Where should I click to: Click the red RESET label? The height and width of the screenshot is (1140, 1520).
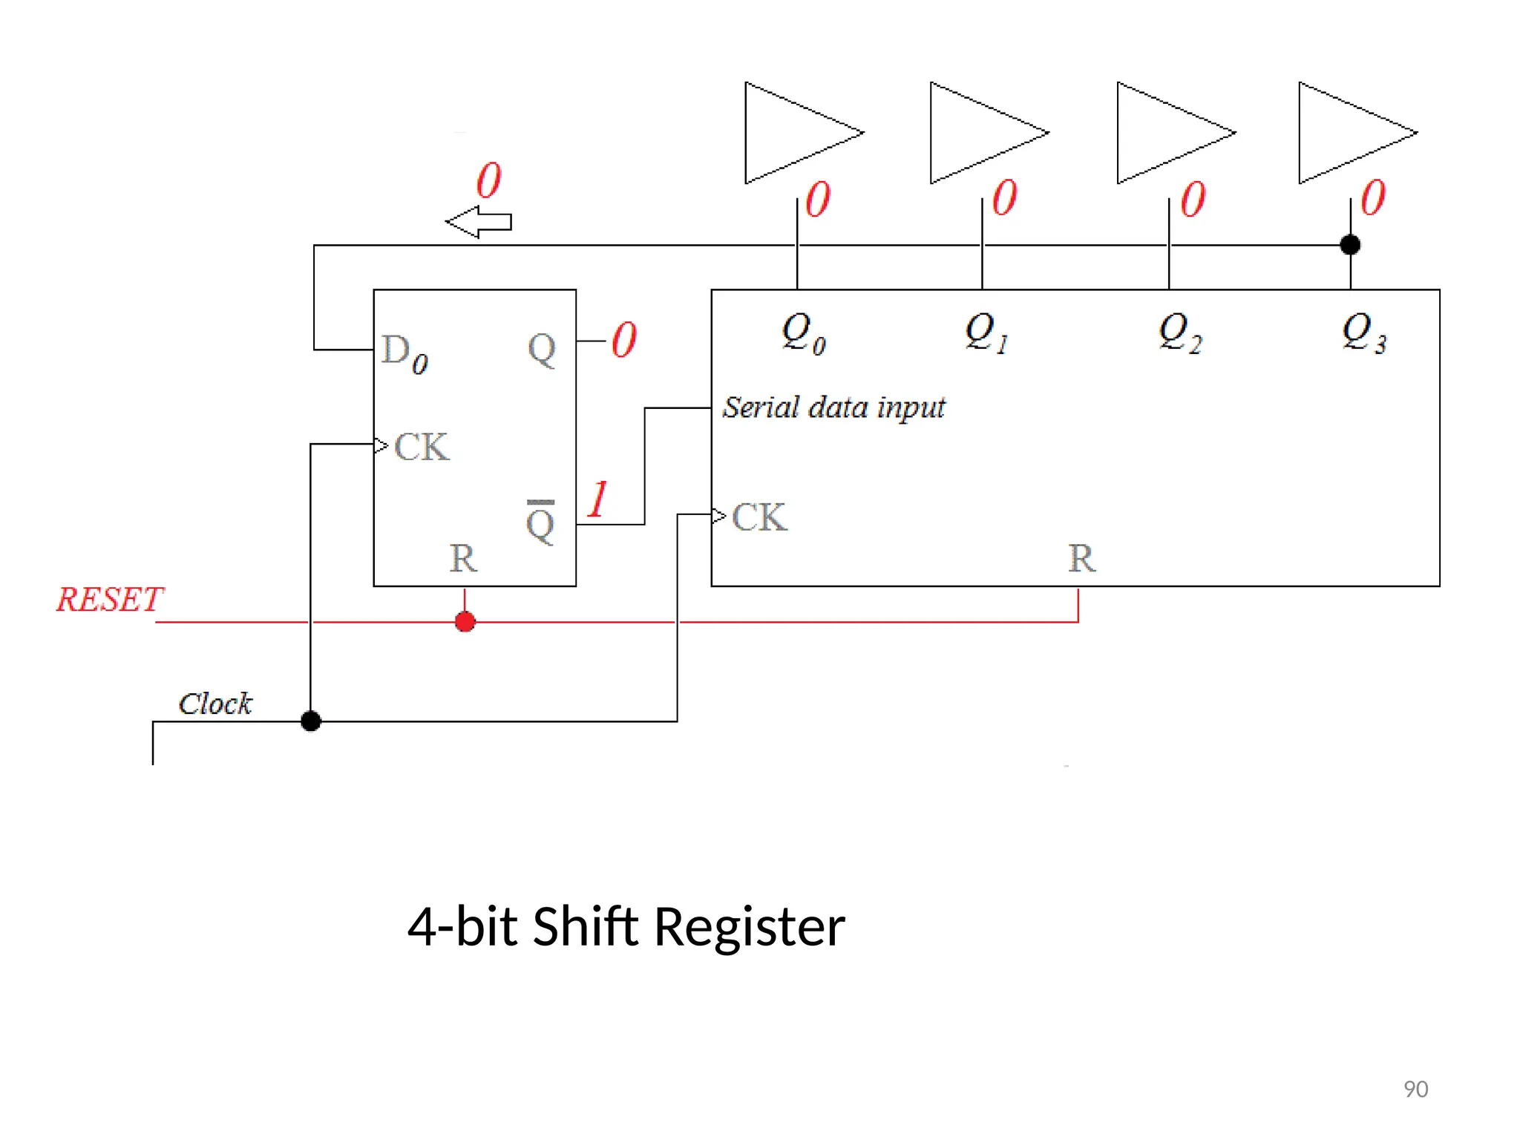pyautogui.click(x=110, y=600)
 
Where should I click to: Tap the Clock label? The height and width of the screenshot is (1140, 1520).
pyautogui.click(x=215, y=704)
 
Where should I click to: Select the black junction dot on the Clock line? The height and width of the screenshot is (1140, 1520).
pyautogui.click(x=311, y=721)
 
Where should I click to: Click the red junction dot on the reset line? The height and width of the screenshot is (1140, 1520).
pyautogui.click(x=465, y=622)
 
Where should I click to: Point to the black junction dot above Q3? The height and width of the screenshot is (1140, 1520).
pyautogui.click(x=1350, y=244)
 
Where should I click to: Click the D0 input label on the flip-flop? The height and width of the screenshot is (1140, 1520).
pyautogui.click(x=404, y=353)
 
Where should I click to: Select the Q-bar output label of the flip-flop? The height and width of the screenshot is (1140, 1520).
pyautogui.click(x=540, y=522)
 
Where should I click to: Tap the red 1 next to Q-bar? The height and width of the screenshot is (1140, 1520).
pyautogui.click(x=597, y=499)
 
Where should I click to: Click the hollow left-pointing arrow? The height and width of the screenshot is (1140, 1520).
pyautogui.click(x=479, y=222)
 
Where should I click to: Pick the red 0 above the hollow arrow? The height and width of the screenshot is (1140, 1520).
pyautogui.click(x=489, y=180)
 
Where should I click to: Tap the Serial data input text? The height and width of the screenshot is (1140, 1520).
pyautogui.click(x=834, y=407)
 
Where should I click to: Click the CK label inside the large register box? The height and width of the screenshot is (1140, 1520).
pyautogui.click(x=759, y=517)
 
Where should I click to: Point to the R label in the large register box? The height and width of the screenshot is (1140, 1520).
pyautogui.click(x=1081, y=558)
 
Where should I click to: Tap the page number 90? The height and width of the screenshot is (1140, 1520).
pyautogui.click(x=1415, y=1089)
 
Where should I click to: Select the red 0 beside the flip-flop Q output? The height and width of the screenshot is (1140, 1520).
pyautogui.click(x=624, y=340)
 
